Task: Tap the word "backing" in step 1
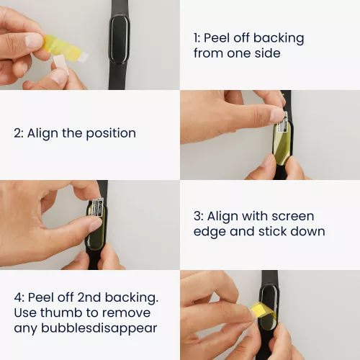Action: pos(279,38)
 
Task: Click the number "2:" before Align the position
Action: pos(19,133)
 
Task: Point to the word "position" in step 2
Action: pos(111,133)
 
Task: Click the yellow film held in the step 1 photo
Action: pos(63,47)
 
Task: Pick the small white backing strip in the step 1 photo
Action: pos(61,64)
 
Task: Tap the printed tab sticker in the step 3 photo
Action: pos(98,207)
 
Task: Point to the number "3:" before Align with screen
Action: pos(199,216)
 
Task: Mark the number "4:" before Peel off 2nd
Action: pos(19,297)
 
